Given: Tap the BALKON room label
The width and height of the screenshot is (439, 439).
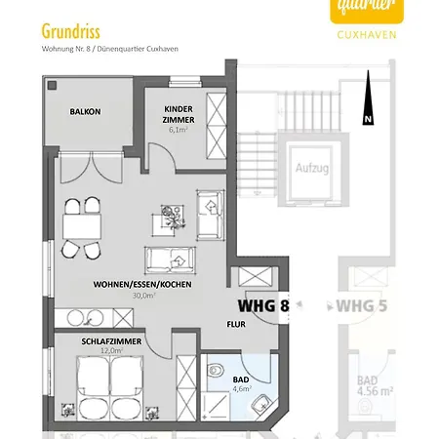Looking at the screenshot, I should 85,112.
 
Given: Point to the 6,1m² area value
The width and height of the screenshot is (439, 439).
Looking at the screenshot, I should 178,128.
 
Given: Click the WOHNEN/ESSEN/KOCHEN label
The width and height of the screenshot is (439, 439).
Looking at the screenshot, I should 142,284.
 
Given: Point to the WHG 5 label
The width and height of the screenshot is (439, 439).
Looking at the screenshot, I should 362,305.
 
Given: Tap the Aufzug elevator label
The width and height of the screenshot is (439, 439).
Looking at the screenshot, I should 311,168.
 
